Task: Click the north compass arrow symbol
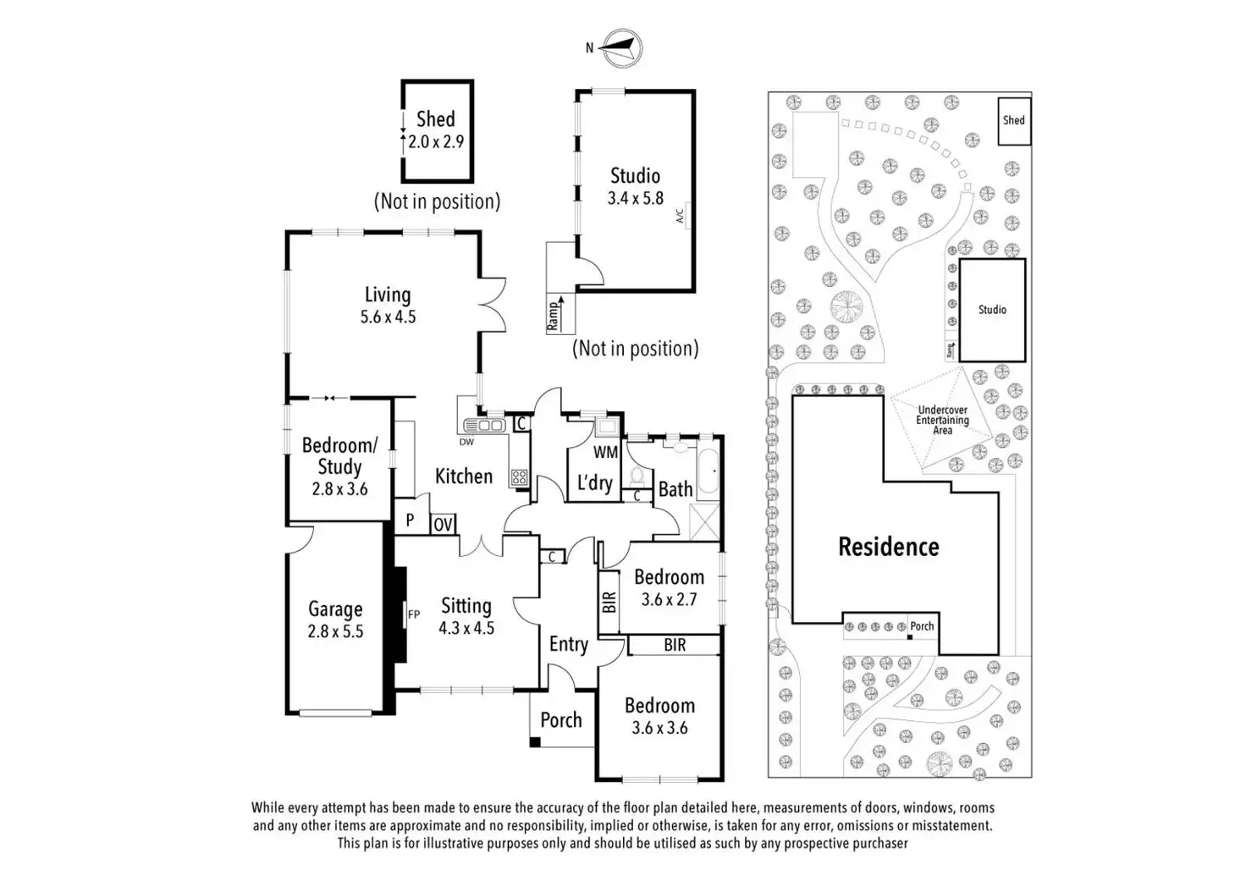point(622,47)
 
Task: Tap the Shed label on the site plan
point(1014,120)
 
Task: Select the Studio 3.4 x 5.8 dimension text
point(635,198)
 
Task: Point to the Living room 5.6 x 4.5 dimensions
point(388,317)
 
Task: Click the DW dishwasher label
point(466,442)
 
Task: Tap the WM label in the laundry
point(605,453)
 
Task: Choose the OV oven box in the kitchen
point(443,525)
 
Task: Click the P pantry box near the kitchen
point(411,520)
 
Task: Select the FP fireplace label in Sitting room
point(414,614)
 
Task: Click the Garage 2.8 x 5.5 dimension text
point(335,631)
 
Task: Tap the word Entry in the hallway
point(568,644)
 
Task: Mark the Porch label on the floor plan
point(561,720)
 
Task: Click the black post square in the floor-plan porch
point(535,742)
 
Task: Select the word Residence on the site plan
point(888,547)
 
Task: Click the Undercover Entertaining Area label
point(942,420)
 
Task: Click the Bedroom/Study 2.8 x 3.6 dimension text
point(339,489)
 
